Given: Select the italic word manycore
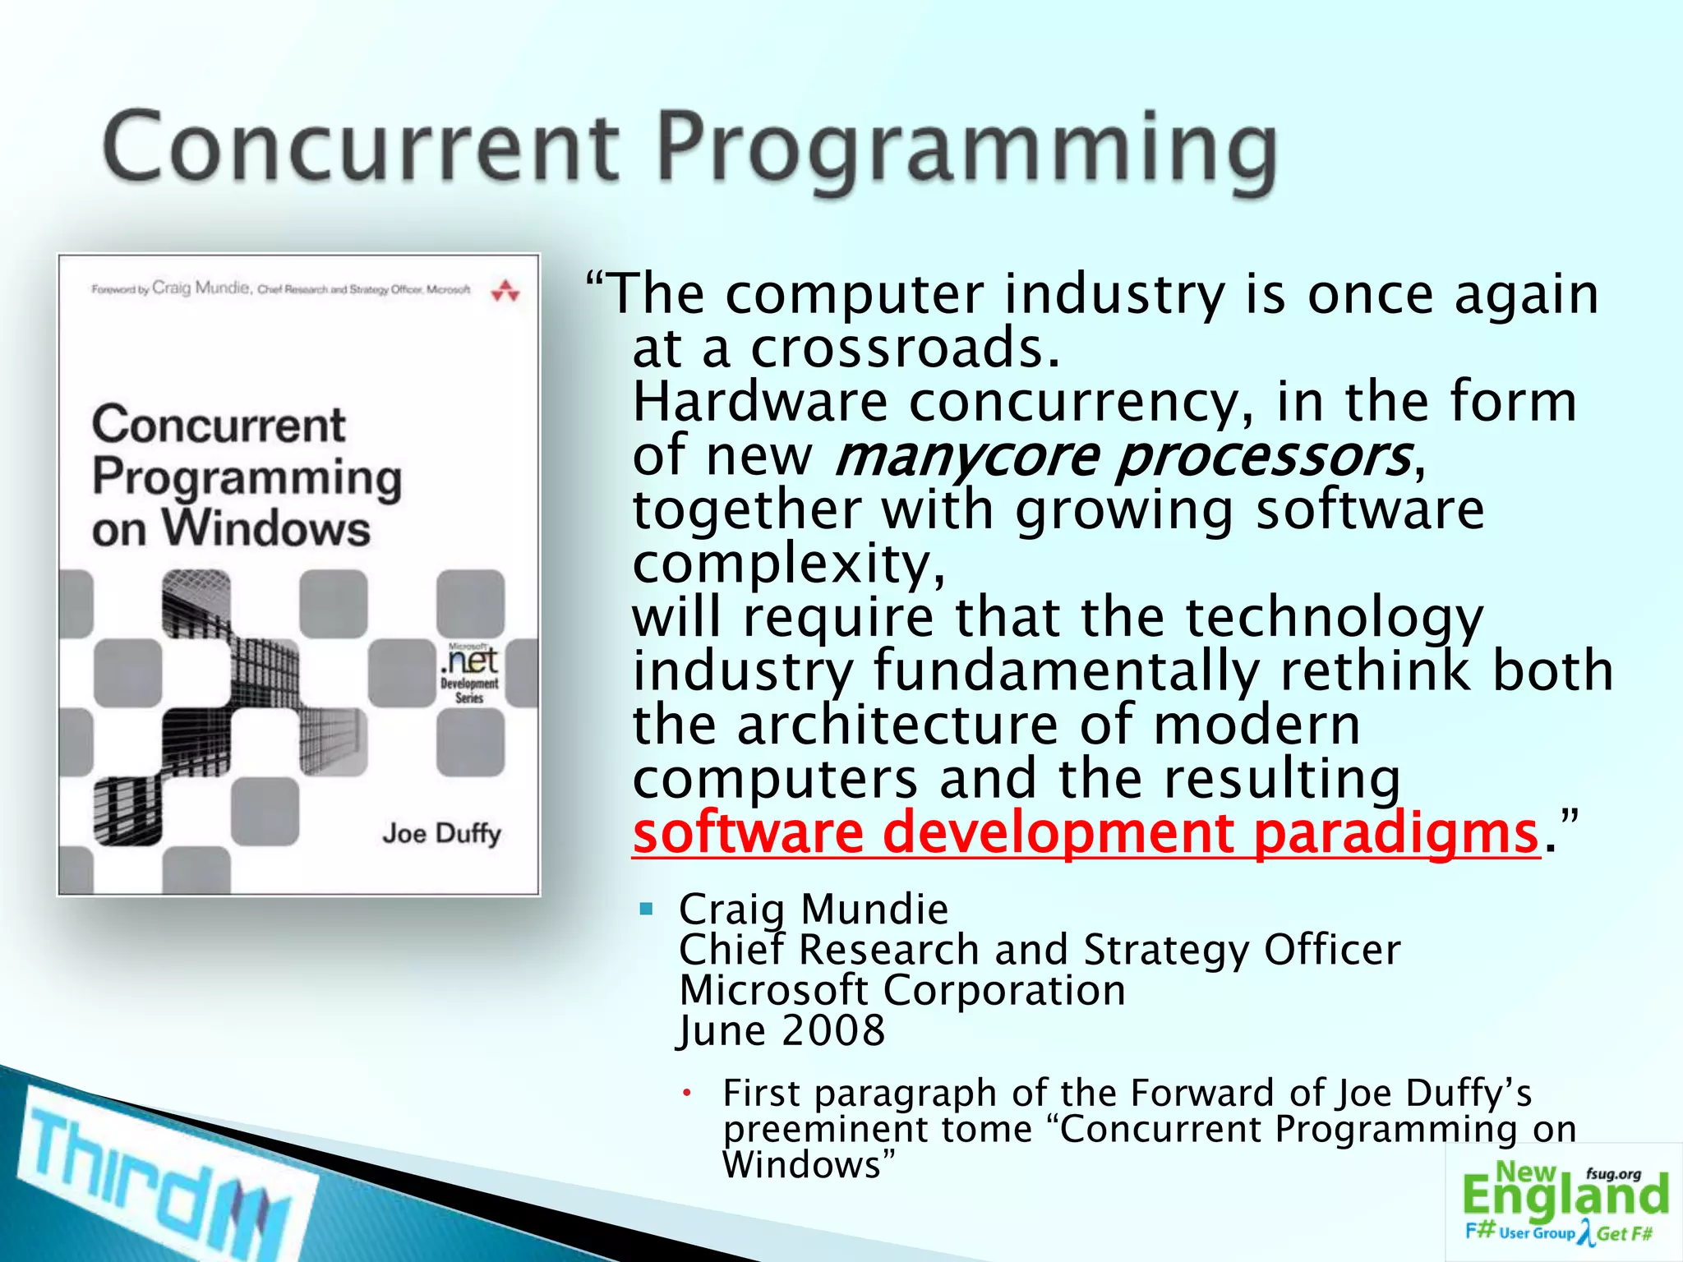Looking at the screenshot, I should [966, 457].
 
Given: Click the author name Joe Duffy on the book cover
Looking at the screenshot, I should [441, 834].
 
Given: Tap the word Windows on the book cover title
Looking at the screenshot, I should [266, 528].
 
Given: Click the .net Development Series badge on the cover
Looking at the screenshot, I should [470, 674].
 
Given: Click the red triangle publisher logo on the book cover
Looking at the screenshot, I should [505, 291].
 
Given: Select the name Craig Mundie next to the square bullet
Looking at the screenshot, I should [814, 910].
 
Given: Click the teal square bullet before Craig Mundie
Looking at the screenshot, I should [647, 909].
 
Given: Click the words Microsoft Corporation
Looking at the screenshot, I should [902, 990].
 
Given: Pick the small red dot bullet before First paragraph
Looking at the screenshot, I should [689, 1094].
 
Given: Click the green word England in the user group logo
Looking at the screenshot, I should [1565, 1195].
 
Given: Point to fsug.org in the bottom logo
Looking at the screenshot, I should [1613, 1174].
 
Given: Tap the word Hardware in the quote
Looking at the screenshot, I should [759, 403].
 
